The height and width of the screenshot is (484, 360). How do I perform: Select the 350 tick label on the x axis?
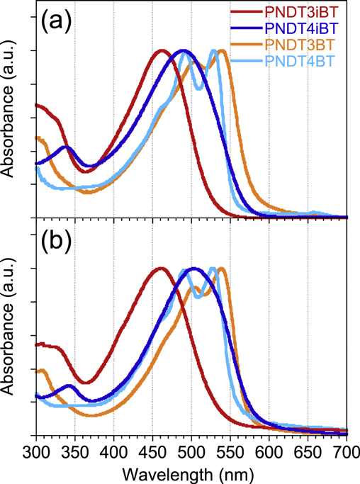point(74,451)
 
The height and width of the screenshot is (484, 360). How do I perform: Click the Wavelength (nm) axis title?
point(191,471)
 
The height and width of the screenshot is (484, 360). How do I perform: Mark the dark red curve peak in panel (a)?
point(162,50)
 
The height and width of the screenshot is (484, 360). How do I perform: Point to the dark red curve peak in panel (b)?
point(161,269)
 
